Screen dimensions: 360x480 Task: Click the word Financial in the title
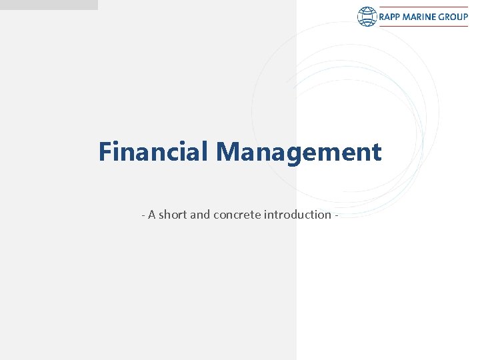click(153, 152)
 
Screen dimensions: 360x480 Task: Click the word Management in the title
click(298, 152)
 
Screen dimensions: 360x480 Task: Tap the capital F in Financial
click(105, 152)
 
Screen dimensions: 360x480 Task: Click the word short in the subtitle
click(173, 215)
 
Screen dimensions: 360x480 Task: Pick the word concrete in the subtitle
click(238, 215)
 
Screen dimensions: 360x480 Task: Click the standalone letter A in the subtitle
click(152, 215)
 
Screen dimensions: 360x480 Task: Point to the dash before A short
click(143, 215)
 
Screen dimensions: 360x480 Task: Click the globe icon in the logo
click(367, 17)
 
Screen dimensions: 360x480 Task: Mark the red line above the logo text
click(423, 7)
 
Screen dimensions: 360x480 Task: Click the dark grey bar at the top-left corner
click(48, 5)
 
